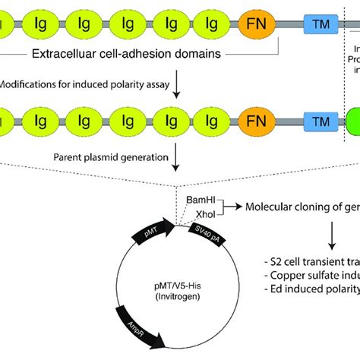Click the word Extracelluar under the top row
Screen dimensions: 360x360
point(65,54)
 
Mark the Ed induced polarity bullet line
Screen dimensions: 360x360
point(308,289)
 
